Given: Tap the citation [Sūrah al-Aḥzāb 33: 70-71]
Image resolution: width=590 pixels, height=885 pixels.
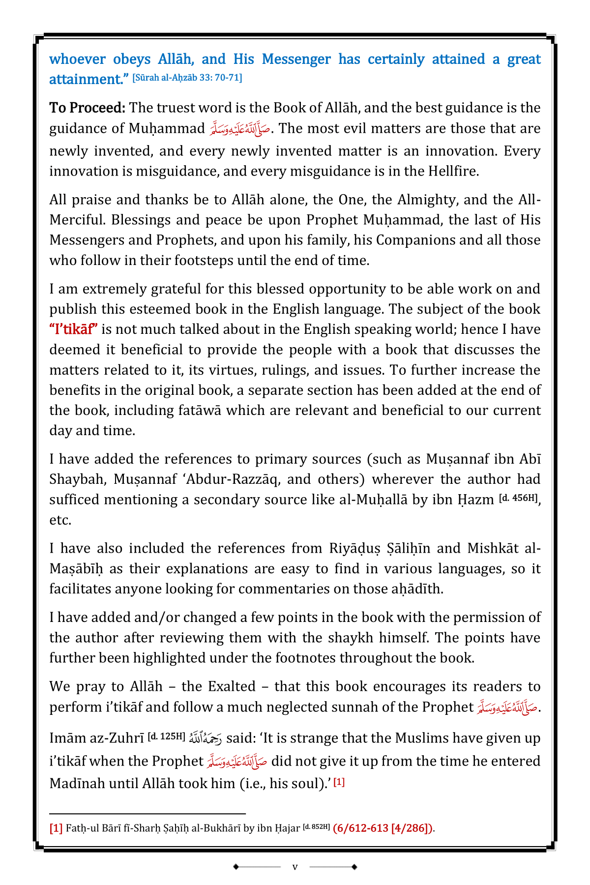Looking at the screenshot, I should (x=187, y=78).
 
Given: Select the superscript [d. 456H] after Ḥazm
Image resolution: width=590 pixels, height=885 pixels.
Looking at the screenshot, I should (x=518, y=498).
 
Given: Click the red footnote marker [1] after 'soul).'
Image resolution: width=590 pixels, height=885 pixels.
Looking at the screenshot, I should (x=339, y=782).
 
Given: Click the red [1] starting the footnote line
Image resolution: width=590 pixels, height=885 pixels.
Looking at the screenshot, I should (x=56, y=828).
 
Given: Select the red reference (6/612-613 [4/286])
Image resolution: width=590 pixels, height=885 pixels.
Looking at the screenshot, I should (x=383, y=828).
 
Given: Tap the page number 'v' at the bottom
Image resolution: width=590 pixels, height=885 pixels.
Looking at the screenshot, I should (x=295, y=867).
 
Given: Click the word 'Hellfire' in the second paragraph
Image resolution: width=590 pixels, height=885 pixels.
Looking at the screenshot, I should (x=452, y=171).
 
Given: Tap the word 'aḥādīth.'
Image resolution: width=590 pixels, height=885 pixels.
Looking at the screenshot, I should (x=413, y=589).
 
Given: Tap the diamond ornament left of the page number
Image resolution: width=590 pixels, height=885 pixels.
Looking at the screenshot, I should (x=236, y=867).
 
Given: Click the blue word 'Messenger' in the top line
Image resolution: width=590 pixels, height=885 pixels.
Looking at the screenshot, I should (x=296, y=59).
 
